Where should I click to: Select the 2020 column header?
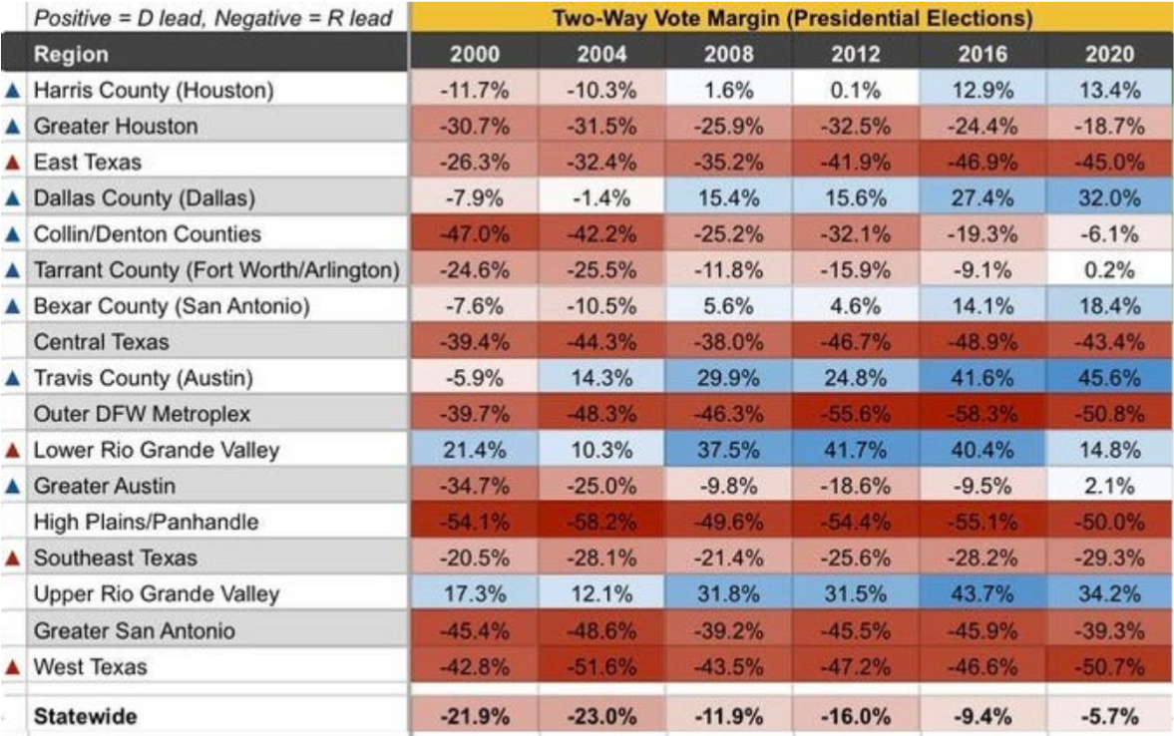[x=1109, y=54]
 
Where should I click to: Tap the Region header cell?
[x=71, y=54]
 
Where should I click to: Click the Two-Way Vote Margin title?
[x=792, y=18]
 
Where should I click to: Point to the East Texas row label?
[x=88, y=162]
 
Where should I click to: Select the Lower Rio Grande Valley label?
[x=157, y=450]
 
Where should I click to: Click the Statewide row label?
[x=85, y=716]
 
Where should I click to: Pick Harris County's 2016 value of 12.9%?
[x=981, y=90]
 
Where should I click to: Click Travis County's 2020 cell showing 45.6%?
[x=1109, y=378]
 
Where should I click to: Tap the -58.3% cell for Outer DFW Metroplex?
[x=981, y=414]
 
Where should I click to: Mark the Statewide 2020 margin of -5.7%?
[x=1109, y=716]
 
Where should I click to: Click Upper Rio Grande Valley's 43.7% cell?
[x=981, y=593]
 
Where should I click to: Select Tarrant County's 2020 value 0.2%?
[x=1109, y=269]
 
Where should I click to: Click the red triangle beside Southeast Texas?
[x=13, y=557]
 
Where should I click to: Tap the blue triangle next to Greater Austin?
[x=13, y=486]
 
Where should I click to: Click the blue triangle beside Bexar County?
[x=13, y=306]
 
